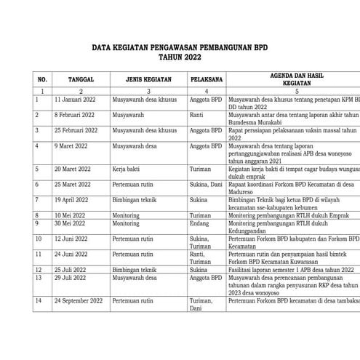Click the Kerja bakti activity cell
[x=129, y=167]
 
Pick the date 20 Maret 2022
[x=73, y=167]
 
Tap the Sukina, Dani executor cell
[x=207, y=185]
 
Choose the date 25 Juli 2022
[x=71, y=269]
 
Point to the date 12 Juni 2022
[x=72, y=238]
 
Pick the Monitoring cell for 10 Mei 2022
[x=127, y=216]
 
